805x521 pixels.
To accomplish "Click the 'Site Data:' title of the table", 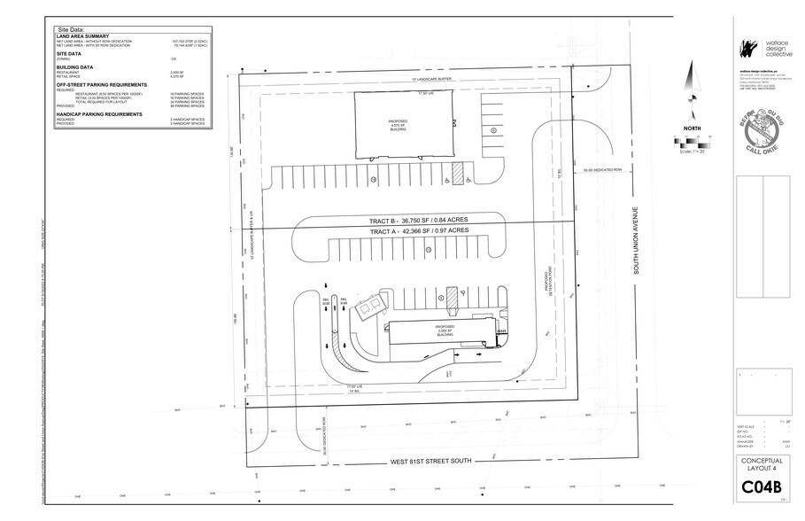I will (x=72, y=29).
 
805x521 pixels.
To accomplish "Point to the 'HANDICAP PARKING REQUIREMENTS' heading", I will (x=99, y=113).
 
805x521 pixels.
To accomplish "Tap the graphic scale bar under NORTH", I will (x=692, y=143).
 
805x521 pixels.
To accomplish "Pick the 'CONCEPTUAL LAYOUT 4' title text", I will (x=762, y=463).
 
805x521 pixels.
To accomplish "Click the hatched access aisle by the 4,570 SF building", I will (x=458, y=172).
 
